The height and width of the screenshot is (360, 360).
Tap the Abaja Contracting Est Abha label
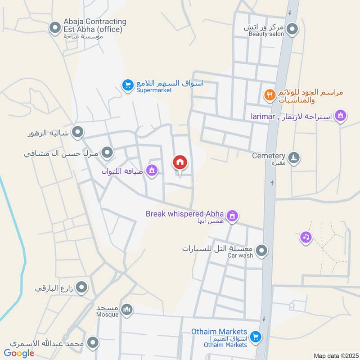[95, 25]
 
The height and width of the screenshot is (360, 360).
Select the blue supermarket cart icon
[127, 84]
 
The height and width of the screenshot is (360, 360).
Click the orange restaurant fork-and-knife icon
[270, 95]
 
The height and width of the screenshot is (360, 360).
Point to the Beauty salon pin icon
[293, 29]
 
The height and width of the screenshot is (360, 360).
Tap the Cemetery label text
[269, 155]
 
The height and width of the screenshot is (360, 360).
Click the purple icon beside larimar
[341, 116]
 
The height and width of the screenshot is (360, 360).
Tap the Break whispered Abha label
[185, 214]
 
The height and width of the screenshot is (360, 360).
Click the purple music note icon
[306, 236]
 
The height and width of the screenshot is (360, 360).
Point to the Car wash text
[240, 256]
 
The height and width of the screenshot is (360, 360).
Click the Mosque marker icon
[127, 310]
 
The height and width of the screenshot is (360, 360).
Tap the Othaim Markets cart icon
[256, 336]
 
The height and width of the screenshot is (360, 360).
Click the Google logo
[19, 353]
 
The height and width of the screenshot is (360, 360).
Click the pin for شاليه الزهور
[78, 132]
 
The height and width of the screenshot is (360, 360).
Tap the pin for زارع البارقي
[81, 287]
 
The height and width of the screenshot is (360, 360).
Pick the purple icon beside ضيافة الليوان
[152, 170]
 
